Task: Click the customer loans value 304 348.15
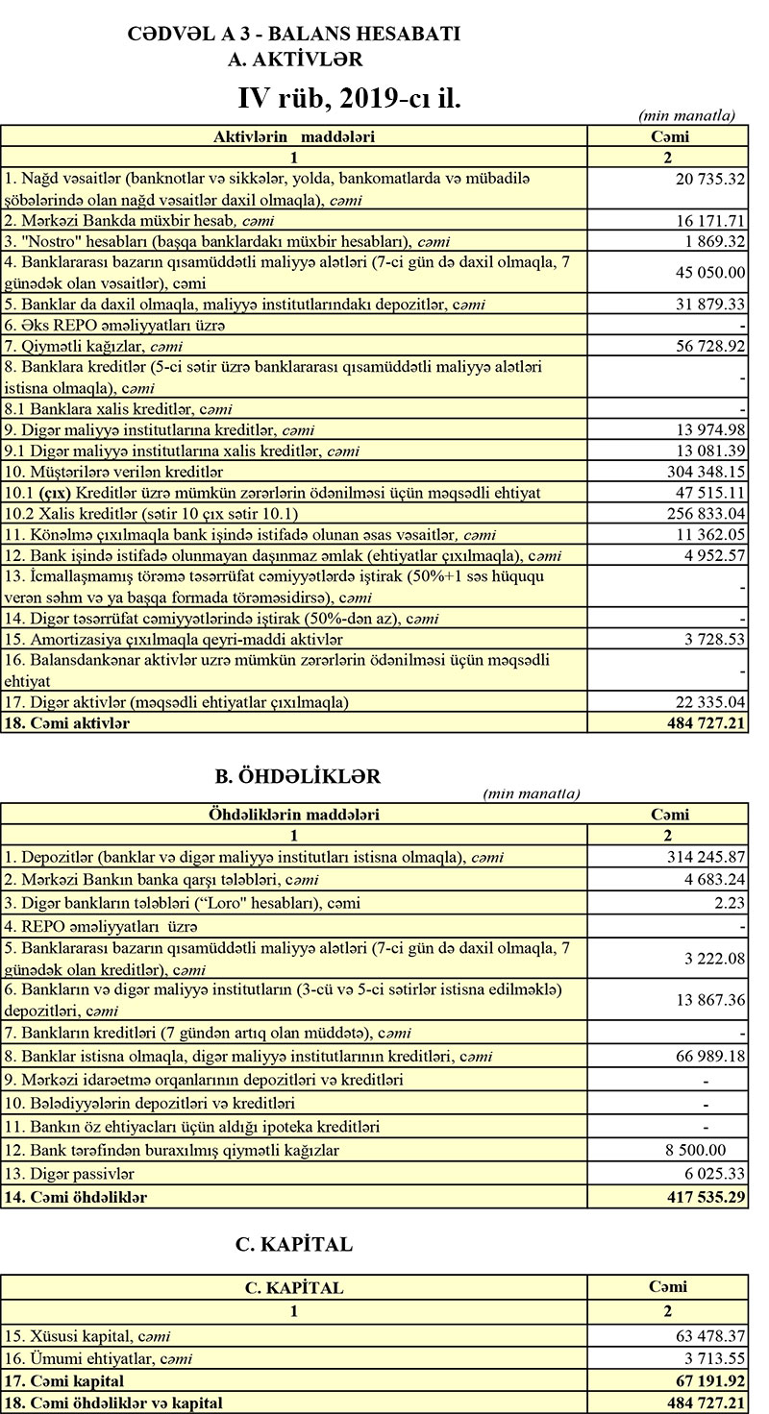pos(707,472)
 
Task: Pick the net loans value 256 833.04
pos(707,514)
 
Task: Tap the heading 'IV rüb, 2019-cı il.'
pos(350,98)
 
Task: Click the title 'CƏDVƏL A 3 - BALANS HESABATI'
pos(294,35)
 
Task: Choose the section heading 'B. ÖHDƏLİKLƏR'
pos(300,774)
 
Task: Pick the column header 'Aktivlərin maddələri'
pos(293,136)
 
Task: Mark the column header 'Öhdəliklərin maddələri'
pos(293,815)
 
